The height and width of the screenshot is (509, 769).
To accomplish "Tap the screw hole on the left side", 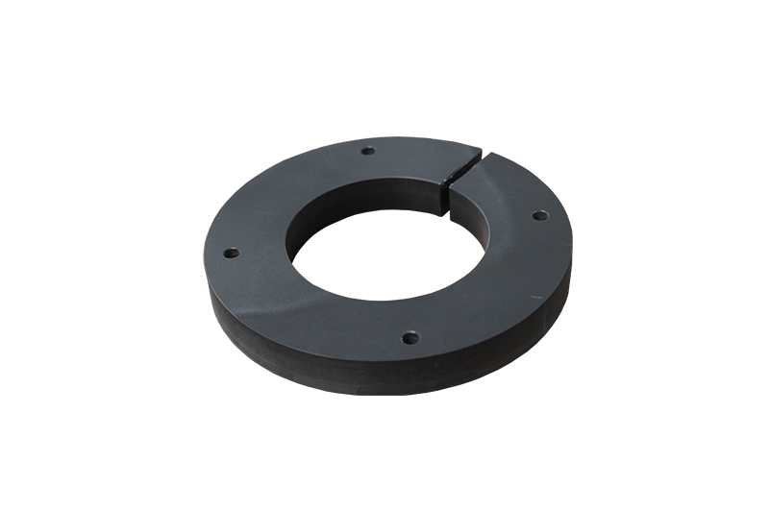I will tap(231, 254).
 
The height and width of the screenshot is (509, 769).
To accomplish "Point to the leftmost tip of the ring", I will tap(206, 279).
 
